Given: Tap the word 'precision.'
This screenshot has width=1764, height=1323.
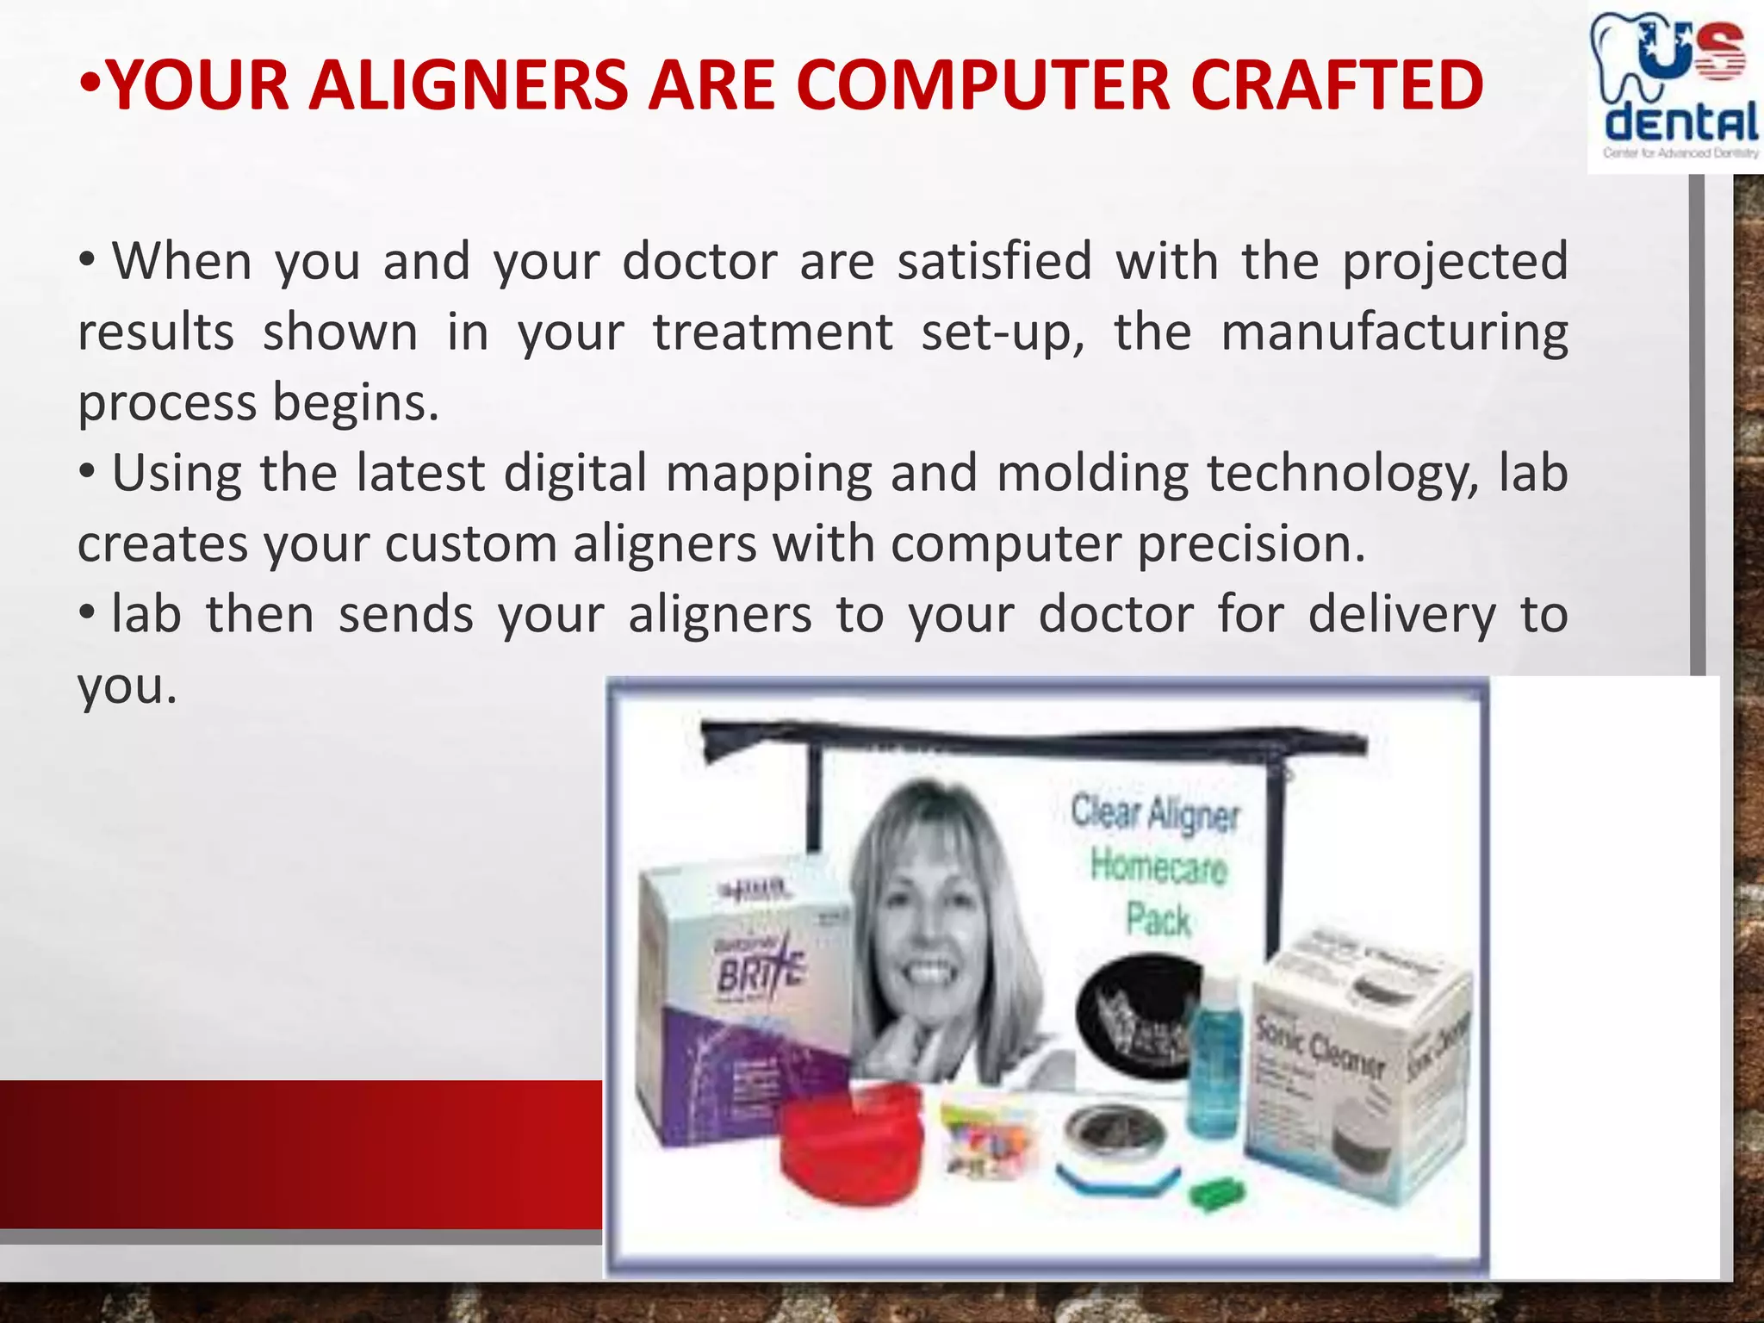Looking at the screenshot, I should [x=1252, y=545].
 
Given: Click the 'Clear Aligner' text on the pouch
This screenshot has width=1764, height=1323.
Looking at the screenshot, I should [x=1155, y=814].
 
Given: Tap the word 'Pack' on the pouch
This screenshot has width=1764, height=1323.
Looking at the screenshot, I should [x=1158, y=920].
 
